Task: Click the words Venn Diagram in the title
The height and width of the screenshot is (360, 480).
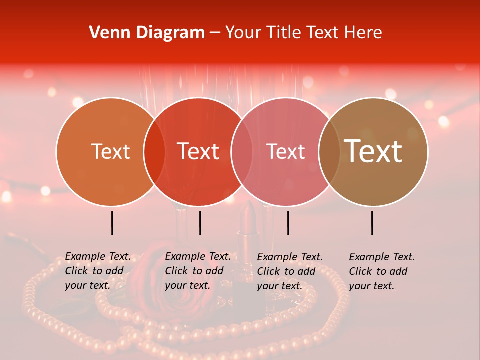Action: [x=147, y=33]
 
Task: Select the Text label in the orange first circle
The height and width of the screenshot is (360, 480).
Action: [x=110, y=152]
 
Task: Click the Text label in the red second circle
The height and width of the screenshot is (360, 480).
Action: [x=198, y=152]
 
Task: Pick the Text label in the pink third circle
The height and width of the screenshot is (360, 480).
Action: [x=285, y=152]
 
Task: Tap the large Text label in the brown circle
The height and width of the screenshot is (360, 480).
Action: [x=373, y=151]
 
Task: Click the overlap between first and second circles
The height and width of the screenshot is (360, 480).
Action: [x=154, y=152]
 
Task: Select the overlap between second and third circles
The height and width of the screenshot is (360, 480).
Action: [x=242, y=152]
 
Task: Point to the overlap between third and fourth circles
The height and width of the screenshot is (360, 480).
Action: [x=329, y=152]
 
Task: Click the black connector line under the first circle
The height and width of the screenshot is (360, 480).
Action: [x=112, y=223]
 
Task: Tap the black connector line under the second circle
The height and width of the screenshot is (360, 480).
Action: [x=200, y=223]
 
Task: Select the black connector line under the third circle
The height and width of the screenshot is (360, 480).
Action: [x=288, y=223]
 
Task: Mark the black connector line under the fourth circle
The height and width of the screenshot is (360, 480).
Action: [x=372, y=223]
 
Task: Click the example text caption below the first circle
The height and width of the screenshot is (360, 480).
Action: [x=98, y=271]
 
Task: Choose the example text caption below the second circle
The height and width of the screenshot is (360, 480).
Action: [x=198, y=271]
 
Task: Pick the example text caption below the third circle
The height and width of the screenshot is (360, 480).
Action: [x=290, y=271]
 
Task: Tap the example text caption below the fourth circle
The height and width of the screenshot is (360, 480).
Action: [x=382, y=271]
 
